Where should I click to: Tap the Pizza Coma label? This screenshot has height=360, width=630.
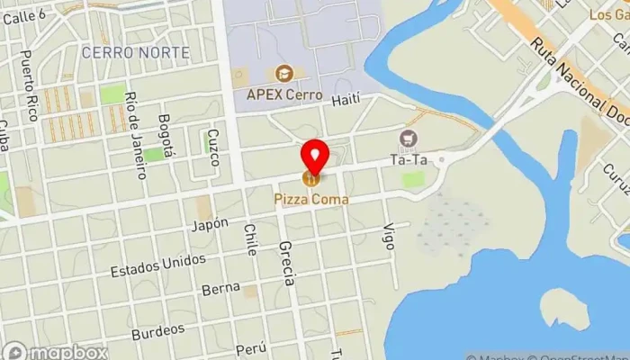(311, 199)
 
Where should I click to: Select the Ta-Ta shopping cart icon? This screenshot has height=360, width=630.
(409, 139)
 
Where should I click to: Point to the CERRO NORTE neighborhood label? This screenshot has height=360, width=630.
(135, 53)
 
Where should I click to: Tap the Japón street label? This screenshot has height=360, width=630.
(209, 224)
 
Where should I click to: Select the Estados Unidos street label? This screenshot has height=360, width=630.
(157, 265)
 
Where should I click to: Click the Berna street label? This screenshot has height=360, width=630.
(220, 289)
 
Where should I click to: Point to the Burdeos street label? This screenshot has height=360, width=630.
(158, 331)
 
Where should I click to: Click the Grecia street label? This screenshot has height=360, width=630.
(286, 263)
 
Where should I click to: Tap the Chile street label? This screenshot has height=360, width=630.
(250, 240)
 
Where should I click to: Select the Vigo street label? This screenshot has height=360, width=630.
(389, 237)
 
